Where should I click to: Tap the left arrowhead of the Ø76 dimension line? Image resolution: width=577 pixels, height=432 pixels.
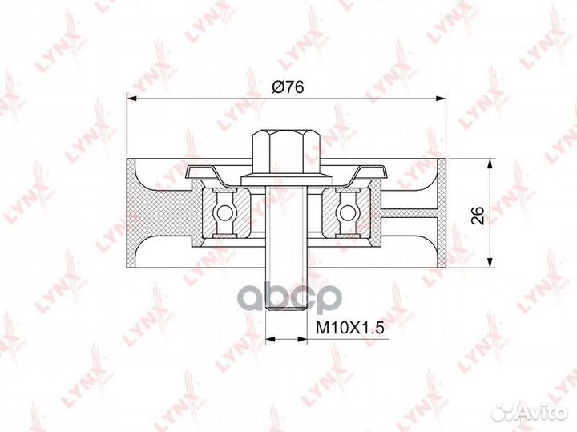pyautogui.click(x=134, y=99)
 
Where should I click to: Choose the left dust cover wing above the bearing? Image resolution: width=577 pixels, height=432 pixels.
pyautogui.click(x=204, y=172)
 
